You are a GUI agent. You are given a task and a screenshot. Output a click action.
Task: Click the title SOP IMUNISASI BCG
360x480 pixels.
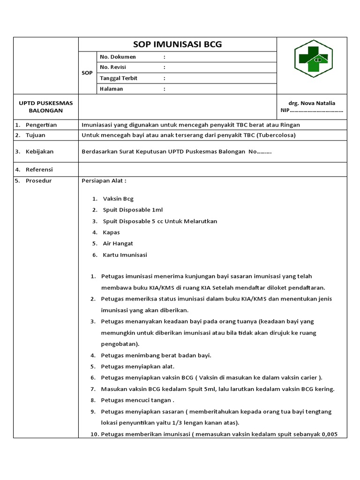coord(178,45)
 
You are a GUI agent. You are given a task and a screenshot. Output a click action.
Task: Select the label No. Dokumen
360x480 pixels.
coord(118,57)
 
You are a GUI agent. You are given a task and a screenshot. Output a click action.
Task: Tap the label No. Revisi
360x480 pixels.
coord(113,67)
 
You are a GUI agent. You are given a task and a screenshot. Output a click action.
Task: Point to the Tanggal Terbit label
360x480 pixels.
coord(119,78)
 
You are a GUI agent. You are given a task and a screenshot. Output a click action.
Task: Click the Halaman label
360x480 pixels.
coord(112,89)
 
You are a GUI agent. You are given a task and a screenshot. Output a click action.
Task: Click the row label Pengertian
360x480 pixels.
coord(41,125)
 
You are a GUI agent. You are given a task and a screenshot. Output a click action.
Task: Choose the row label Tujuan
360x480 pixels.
coord(36,135)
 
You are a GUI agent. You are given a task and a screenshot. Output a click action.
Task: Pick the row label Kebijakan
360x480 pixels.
coord(39,151)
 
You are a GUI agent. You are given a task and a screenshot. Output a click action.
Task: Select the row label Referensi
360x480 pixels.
coord(39,169)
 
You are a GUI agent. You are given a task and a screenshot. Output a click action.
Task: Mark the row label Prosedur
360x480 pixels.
coord(38,180)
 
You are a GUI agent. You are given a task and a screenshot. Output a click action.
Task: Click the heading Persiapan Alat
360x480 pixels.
coord(104,180)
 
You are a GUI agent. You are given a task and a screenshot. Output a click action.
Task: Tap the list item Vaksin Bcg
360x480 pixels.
coord(118,199)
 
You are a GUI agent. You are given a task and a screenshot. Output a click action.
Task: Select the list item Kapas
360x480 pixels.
coord(111,232)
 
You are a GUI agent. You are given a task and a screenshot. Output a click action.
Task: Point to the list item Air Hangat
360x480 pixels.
coord(118,243)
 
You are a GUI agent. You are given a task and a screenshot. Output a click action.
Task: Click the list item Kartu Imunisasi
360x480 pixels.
coord(125,255)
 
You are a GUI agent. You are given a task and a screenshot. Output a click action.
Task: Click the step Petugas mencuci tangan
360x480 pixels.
coord(137,400)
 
